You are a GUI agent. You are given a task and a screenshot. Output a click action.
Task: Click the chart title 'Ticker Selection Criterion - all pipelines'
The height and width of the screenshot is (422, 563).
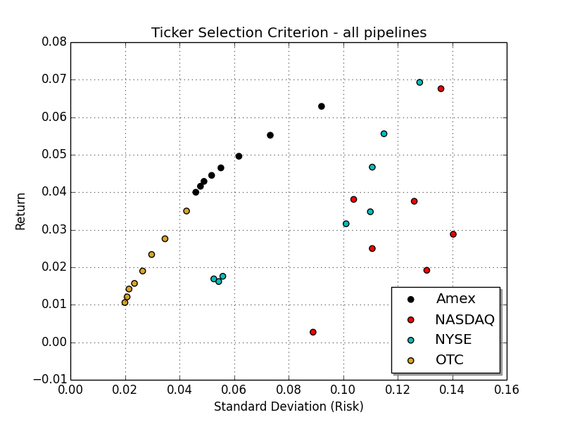(289, 32)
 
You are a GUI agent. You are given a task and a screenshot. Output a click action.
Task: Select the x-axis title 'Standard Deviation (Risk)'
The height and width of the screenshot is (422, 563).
(289, 407)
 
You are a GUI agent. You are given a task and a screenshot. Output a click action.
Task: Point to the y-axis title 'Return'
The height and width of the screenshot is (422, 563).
(21, 211)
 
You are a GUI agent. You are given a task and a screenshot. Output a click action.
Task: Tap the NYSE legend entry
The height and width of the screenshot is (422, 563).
(453, 340)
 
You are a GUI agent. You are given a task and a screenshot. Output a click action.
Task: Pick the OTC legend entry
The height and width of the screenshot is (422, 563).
(449, 360)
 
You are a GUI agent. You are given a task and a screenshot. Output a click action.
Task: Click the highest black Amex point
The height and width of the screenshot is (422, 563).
(322, 106)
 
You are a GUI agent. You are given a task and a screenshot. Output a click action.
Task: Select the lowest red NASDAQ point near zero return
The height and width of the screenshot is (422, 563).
(313, 332)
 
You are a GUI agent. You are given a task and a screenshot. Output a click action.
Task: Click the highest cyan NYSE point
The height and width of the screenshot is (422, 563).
(419, 82)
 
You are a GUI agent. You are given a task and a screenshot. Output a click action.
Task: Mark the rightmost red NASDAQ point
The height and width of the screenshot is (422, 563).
(453, 234)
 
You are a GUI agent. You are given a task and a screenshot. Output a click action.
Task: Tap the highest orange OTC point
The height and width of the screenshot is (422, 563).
(186, 211)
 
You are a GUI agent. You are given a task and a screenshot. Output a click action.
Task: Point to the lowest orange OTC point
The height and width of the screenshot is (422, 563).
(125, 302)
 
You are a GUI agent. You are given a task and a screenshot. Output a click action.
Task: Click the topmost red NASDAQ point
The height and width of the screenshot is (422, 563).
(441, 89)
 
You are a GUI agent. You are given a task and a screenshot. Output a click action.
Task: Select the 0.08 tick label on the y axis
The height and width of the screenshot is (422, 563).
(53, 42)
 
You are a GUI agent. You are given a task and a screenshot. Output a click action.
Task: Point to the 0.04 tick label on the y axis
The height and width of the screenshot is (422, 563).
(53, 192)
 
